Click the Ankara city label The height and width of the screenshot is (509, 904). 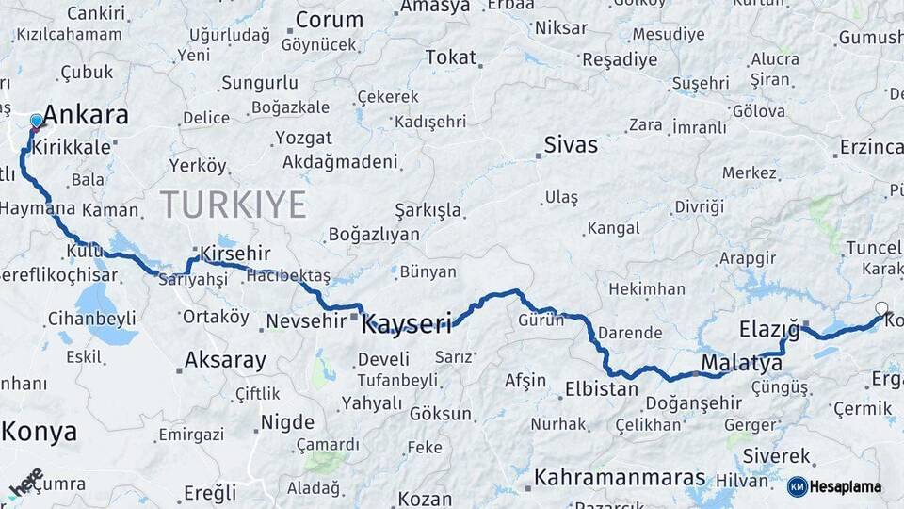(86, 116)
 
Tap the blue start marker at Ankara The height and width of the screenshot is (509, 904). (37, 121)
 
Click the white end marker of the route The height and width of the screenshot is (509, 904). (881, 308)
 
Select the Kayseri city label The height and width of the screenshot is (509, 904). (407, 323)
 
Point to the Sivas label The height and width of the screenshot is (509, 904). (571, 145)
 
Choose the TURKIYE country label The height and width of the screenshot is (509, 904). (233, 205)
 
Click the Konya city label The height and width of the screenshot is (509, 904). (39, 432)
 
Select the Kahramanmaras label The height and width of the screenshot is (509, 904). (620, 478)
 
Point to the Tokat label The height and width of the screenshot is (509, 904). (450, 57)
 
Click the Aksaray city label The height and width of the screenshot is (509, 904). (225, 360)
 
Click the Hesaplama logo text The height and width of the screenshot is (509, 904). (847, 487)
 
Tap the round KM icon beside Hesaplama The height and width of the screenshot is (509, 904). (798, 487)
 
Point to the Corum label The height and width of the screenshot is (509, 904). (329, 20)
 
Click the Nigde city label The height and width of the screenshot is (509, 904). (286, 421)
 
